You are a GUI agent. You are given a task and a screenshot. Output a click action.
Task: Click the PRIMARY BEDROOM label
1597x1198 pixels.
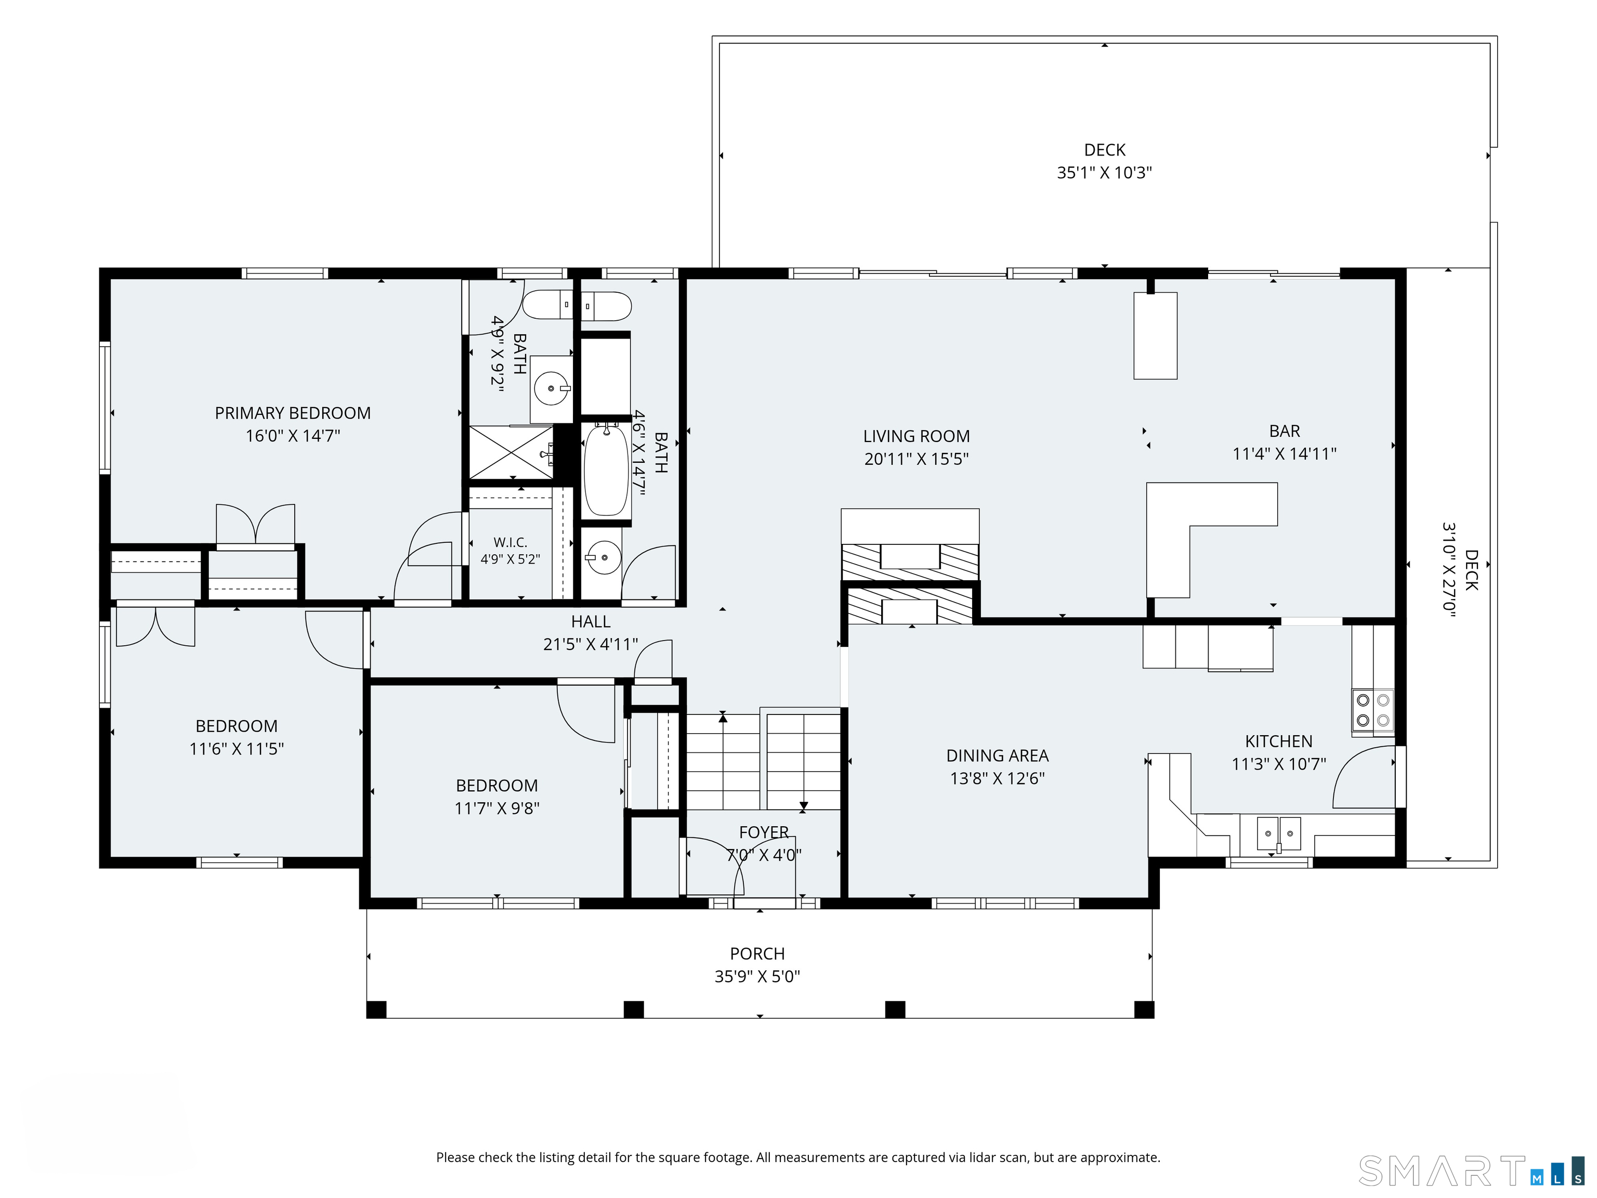pos(292,413)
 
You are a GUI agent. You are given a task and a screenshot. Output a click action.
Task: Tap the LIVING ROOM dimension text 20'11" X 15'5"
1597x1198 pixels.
pos(916,459)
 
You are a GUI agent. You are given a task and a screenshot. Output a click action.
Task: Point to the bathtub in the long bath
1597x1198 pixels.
pos(606,470)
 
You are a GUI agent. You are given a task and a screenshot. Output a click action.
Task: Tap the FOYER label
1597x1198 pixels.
pos(764,832)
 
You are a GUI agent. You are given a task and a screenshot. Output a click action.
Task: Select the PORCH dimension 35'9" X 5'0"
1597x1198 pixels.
pos(757,976)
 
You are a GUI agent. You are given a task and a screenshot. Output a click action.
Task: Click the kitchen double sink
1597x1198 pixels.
pos(1279,834)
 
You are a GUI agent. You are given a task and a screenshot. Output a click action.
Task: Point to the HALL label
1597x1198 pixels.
pos(591,621)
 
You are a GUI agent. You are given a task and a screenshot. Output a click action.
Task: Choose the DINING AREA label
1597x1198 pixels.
pos(997,756)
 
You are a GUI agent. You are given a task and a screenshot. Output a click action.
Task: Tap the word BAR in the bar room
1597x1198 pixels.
pos(1285,431)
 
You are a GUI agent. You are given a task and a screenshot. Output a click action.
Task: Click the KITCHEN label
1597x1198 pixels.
pos(1279,741)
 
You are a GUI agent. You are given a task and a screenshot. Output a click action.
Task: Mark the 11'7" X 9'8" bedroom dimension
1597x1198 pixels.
pos(496,808)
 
